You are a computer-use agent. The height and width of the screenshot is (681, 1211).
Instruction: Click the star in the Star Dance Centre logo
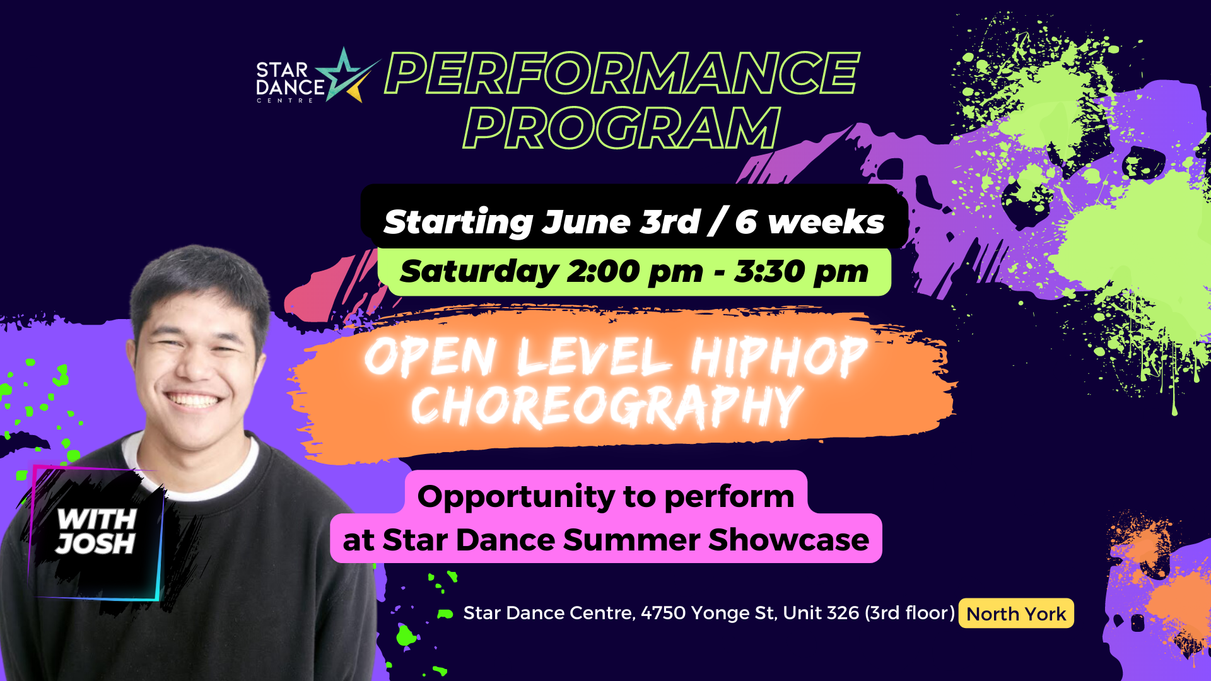[346, 77]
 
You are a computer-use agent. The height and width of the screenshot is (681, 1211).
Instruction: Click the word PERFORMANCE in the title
[622, 73]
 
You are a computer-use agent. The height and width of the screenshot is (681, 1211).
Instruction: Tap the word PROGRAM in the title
[622, 128]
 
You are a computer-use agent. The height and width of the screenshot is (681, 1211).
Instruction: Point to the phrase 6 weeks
[810, 222]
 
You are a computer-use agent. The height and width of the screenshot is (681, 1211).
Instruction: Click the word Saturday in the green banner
[479, 272]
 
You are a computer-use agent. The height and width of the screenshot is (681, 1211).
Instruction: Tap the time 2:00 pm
[635, 272]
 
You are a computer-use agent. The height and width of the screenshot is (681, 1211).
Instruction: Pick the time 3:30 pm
[801, 272]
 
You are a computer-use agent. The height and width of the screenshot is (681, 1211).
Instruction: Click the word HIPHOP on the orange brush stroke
[779, 357]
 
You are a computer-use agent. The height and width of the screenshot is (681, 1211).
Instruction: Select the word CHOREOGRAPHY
[607, 407]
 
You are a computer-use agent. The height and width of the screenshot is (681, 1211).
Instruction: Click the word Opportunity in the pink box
[515, 498]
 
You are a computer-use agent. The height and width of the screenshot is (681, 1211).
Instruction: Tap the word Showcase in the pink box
[788, 540]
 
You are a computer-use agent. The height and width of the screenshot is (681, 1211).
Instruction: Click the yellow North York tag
[1016, 614]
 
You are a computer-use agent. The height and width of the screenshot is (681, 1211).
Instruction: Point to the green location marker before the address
[445, 614]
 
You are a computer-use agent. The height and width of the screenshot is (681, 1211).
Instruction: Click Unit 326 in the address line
[821, 613]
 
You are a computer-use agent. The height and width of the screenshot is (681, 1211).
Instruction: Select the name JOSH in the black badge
[95, 544]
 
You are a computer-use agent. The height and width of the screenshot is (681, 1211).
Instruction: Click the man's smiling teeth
[194, 400]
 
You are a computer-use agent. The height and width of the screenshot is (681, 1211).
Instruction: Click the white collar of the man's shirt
[189, 473]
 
